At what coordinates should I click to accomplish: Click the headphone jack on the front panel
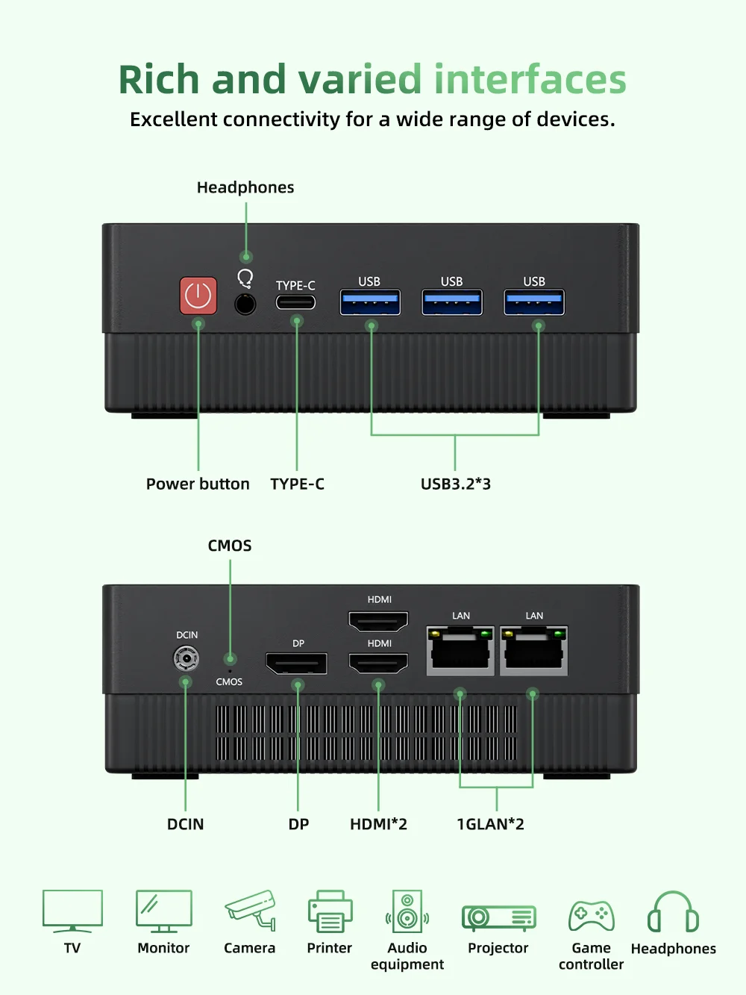pos(245,304)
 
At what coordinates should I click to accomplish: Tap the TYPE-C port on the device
pos(295,302)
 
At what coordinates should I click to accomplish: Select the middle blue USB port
pos(452,302)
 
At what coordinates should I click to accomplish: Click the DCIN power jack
pos(186,658)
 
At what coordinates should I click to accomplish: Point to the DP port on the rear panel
pos(297,663)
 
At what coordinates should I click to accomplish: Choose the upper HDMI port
pos(379,620)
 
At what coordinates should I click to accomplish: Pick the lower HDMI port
pos(379,662)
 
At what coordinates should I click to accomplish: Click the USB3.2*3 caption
pos(456,484)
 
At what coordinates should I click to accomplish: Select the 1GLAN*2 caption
pos(490,824)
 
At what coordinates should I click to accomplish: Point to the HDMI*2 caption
pos(378,824)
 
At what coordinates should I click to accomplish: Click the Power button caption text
pos(198,484)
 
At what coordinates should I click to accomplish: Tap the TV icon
pos(72,911)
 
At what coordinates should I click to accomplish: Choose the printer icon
pos(330,912)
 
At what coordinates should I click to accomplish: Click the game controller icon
pos(592,916)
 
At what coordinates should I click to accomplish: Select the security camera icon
pos(251,909)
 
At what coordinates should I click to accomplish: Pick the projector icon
pos(498,917)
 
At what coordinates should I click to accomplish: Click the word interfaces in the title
pos(530,79)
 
